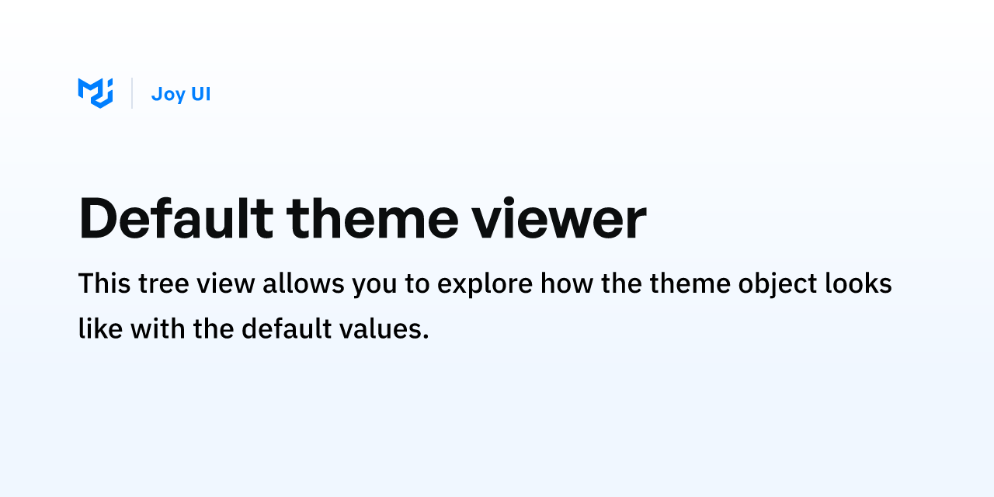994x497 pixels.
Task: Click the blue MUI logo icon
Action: click(96, 93)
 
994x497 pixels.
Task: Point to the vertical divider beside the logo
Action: click(132, 93)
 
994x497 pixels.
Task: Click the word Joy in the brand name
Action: click(169, 95)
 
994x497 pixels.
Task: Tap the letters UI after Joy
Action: click(200, 94)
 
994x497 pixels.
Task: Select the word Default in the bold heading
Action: click(176, 218)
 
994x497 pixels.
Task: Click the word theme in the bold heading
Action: click(372, 218)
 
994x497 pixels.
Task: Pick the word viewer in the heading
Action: click(558, 218)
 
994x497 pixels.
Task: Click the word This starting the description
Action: click(104, 283)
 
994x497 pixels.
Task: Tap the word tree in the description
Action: click(164, 284)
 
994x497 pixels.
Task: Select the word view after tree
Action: click(226, 283)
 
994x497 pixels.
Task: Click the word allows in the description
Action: click(304, 283)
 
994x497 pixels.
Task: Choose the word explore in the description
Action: click(485, 285)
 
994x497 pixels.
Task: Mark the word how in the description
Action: click(567, 283)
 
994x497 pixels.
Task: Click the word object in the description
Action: click(777, 285)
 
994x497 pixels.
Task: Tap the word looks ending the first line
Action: click(858, 283)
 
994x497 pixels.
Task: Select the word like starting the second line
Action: click(101, 328)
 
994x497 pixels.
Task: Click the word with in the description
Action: click(158, 328)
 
